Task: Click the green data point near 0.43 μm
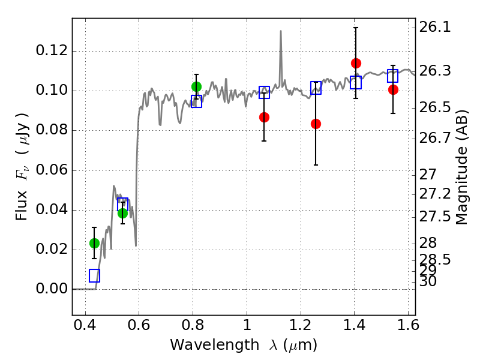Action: click(94, 243)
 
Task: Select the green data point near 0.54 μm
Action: click(122, 213)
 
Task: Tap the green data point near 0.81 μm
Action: click(196, 86)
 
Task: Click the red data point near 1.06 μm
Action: click(264, 117)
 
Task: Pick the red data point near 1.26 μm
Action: click(316, 124)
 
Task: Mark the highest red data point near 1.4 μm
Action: click(356, 63)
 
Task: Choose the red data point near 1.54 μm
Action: click(393, 89)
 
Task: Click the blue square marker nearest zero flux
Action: click(94, 275)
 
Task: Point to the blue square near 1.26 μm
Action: click(316, 88)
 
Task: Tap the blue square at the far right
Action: click(393, 76)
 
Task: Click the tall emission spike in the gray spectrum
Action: click(280, 33)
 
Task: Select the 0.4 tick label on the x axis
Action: click(85, 328)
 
